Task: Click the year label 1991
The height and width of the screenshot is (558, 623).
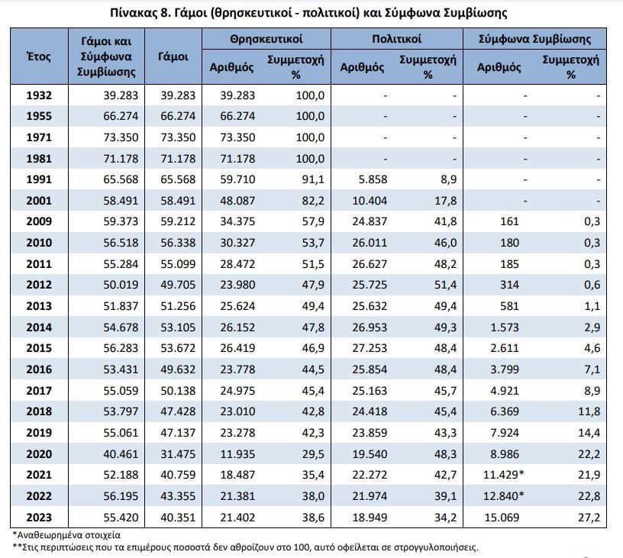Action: (39, 179)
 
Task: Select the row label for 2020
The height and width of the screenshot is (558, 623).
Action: (39, 454)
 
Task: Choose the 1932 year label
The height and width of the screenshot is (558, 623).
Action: (39, 95)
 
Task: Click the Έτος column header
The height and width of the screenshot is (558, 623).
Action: (39, 56)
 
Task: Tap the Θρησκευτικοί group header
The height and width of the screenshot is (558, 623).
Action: (266, 39)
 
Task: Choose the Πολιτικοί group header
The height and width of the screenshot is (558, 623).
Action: (396, 39)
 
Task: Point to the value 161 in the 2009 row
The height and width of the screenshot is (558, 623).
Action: (509, 221)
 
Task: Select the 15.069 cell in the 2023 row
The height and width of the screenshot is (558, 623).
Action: (502, 518)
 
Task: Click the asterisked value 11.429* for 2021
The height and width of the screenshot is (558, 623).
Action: (503, 475)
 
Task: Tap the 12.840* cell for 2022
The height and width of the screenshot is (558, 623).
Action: (503, 496)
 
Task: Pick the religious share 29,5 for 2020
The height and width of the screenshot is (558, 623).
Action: (313, 454)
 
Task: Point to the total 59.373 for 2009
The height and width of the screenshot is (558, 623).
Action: (121, 221)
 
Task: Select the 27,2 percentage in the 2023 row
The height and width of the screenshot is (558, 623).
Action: (589, 518)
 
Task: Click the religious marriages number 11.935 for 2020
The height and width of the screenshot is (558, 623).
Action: (237, 454)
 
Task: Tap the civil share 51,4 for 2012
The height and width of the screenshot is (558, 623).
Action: (445, 285)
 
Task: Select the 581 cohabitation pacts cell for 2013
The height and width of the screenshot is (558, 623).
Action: (509, 306)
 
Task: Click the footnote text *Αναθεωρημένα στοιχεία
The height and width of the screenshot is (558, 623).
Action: (66, 535)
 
